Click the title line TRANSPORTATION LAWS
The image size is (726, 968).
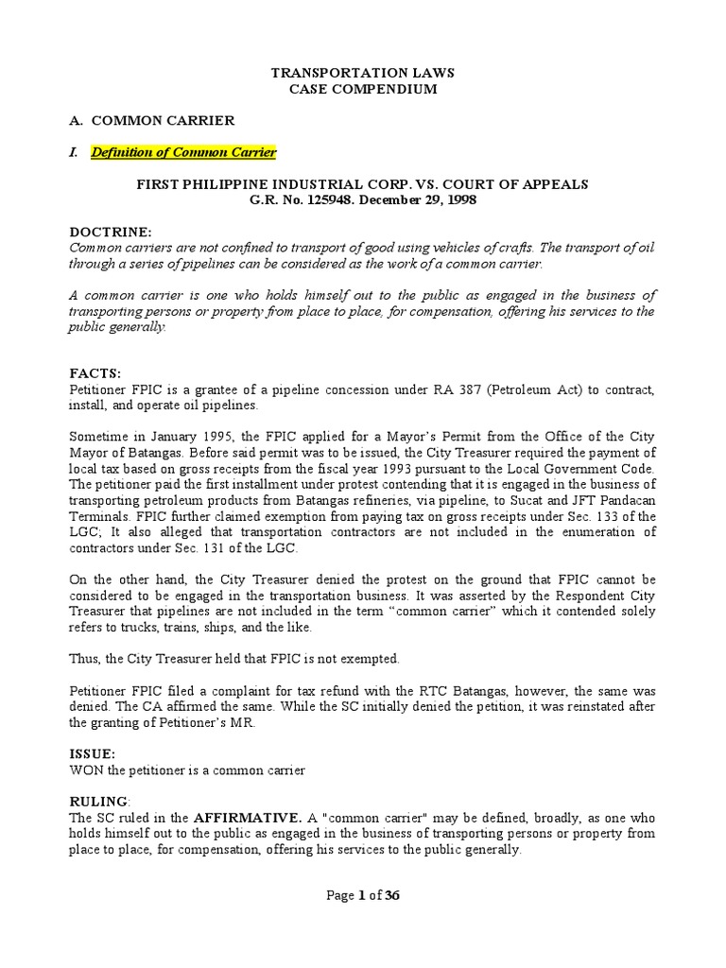pyautogui.click(x=363, y=72)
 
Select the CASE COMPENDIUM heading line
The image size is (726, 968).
pyautogui.click(x=363, y=89)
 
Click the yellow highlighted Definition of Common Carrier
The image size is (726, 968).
pyautogui.click(x=183, y=152)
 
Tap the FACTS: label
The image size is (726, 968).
pyautogui.click(x=95, y=373)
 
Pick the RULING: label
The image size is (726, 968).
pyautogui.click(x=97, y=802)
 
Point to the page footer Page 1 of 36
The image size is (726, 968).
pyautogui.click(x=363, y=896)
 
